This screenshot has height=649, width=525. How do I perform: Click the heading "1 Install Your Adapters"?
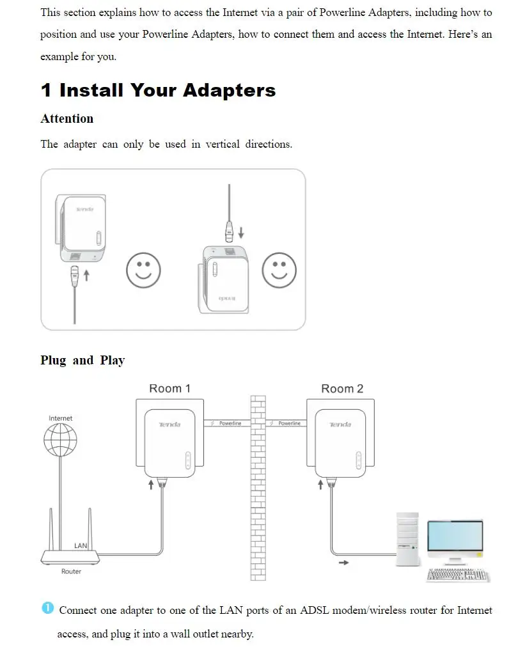tap(158, 90)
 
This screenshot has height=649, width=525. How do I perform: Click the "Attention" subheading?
tap(67, 118)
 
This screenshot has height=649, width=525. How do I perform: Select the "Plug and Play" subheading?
tap(82, 360)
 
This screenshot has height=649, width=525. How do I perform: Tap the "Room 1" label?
tap(169, 388)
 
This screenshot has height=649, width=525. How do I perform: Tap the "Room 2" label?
tap(341, 388)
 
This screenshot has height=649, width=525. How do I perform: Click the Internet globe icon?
tap(60, 439)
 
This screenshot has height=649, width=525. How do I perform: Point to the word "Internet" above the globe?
tap(60, 418)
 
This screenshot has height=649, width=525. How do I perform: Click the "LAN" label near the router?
tap(81, 545)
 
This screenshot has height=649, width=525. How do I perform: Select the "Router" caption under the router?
tap(71, 571)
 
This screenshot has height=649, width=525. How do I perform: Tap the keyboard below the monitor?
tap(457, 574)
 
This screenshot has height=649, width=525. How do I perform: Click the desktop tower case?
tap(407, 538)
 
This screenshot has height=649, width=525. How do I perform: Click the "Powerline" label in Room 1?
tap(230, 423)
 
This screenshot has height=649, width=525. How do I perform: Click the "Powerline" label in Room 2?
tap(289, 423)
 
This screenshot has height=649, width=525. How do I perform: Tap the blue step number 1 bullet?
tap(47, 608)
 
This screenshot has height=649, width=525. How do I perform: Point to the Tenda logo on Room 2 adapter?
tap(340, 425)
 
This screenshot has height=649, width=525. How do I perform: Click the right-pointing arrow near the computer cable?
tap(344, 563)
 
